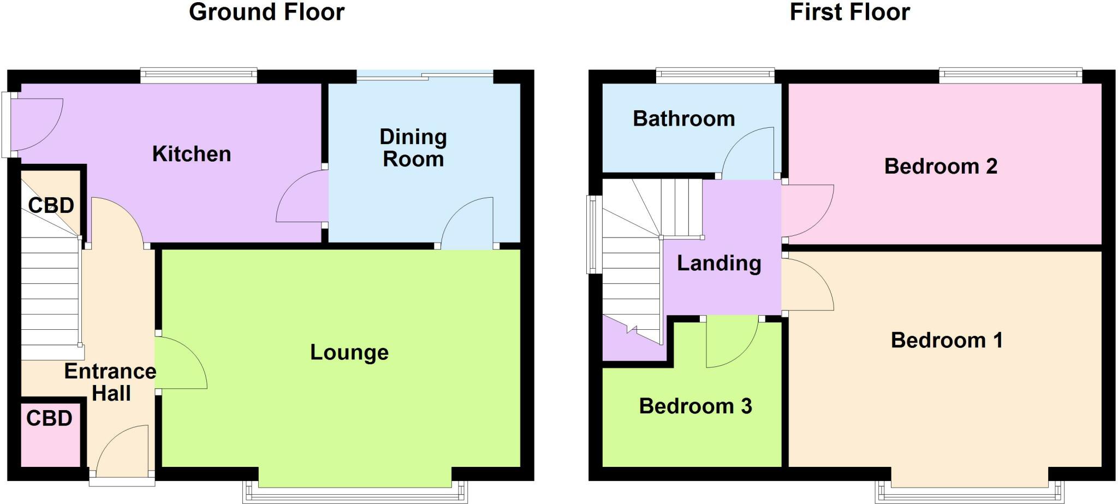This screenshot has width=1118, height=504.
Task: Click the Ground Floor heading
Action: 266,12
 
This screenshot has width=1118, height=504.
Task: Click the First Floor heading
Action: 849,12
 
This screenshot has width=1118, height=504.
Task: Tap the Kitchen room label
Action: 191,154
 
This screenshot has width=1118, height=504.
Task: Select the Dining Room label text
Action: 413,148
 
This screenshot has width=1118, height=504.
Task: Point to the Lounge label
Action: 349,352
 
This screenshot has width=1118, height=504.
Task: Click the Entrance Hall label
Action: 110,382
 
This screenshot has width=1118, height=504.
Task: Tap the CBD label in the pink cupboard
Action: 49,418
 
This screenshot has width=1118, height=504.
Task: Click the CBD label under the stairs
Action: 51,205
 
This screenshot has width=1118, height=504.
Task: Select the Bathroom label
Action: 683,118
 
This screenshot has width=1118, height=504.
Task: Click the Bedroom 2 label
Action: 941,166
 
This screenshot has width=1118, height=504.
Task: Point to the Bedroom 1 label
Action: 947,340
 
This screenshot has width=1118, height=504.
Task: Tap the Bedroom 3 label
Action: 695,406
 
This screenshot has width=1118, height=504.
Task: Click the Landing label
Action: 719,263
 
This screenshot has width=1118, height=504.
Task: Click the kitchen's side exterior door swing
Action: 35,123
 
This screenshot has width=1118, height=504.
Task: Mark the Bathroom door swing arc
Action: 748,153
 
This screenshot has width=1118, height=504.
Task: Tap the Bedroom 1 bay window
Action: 969,493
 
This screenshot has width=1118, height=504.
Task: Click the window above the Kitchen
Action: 198,75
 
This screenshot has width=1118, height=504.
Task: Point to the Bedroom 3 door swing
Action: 732,344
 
